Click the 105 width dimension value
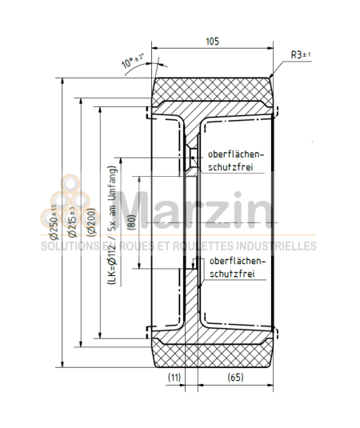(211, 42)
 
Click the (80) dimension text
(131, 222)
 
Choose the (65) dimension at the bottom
(235, 376)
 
